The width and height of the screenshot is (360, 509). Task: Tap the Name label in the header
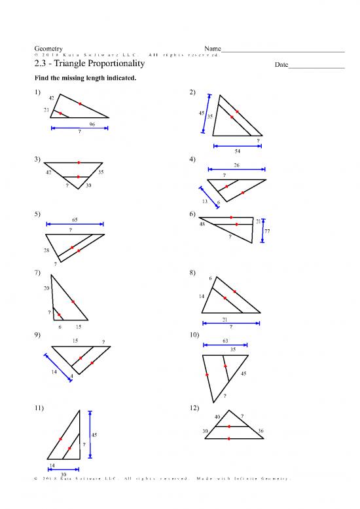pos(213,49)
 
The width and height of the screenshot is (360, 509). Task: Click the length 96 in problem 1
pos(92,124)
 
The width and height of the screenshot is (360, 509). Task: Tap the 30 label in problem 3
pos(88,185)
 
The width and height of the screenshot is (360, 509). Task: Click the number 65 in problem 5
pos(75,219)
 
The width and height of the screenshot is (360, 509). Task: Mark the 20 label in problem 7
pos(46,288)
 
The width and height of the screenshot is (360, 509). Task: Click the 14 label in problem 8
pos(202,297)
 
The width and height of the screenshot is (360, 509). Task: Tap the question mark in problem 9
pos(103,341)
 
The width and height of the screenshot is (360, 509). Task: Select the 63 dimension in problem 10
pos(226,341)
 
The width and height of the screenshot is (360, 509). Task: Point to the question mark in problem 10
pos(225,395)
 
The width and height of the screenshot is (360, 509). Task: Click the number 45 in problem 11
pos(94,435)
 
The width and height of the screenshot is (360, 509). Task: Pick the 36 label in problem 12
pos(261,430)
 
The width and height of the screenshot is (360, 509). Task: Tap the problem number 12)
pos(194,407)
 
